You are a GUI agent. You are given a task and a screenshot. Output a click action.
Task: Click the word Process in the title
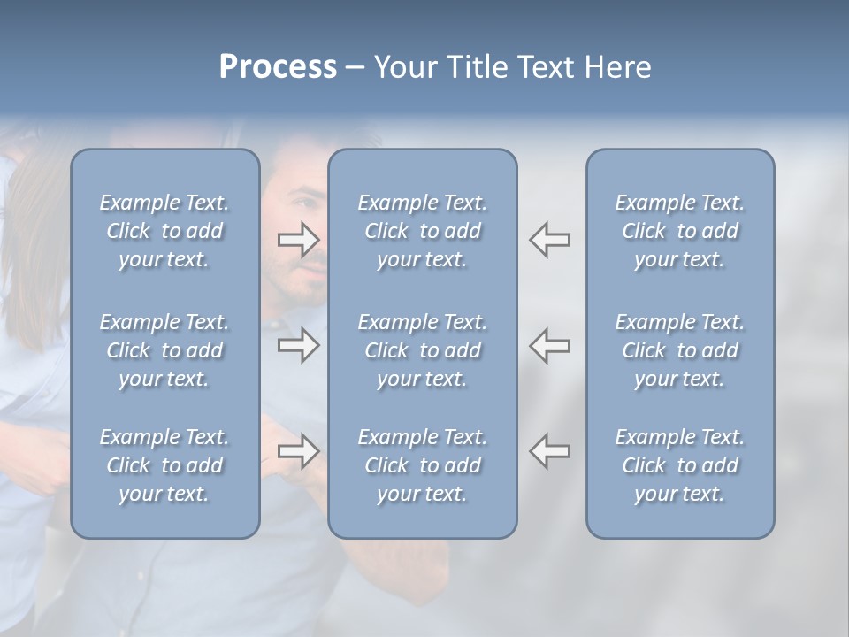tap(278, 67)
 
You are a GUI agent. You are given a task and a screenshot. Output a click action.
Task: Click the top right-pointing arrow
tap(298, 240)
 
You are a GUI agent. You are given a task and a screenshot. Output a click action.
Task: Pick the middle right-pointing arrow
tap(298, 346)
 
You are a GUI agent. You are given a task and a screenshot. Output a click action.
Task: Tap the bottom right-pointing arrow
tap(298, 451)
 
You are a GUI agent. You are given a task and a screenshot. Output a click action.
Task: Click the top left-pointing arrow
tap(549, 240)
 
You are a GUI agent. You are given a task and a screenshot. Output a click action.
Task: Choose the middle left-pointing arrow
tap(549, 346)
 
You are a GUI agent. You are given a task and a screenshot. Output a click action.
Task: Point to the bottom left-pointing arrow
tap(549, 451)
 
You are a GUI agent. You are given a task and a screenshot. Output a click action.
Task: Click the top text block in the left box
tap(164, 231)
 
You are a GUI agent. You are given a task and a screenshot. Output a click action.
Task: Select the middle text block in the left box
tap(164, 350)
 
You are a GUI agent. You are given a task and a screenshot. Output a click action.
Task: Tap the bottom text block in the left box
tap(164, 465)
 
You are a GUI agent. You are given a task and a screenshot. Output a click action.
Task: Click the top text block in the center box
tap(422, 231)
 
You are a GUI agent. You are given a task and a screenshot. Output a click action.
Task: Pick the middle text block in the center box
tap(422, 350)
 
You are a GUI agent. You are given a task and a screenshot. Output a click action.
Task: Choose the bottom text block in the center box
tap(422, 465)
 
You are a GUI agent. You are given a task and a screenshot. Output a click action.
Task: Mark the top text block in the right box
tap(679, 231)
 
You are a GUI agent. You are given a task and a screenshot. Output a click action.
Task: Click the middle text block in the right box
tap(679, 350)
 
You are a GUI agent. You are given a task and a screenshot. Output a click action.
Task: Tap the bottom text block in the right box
tap(679, 465)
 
